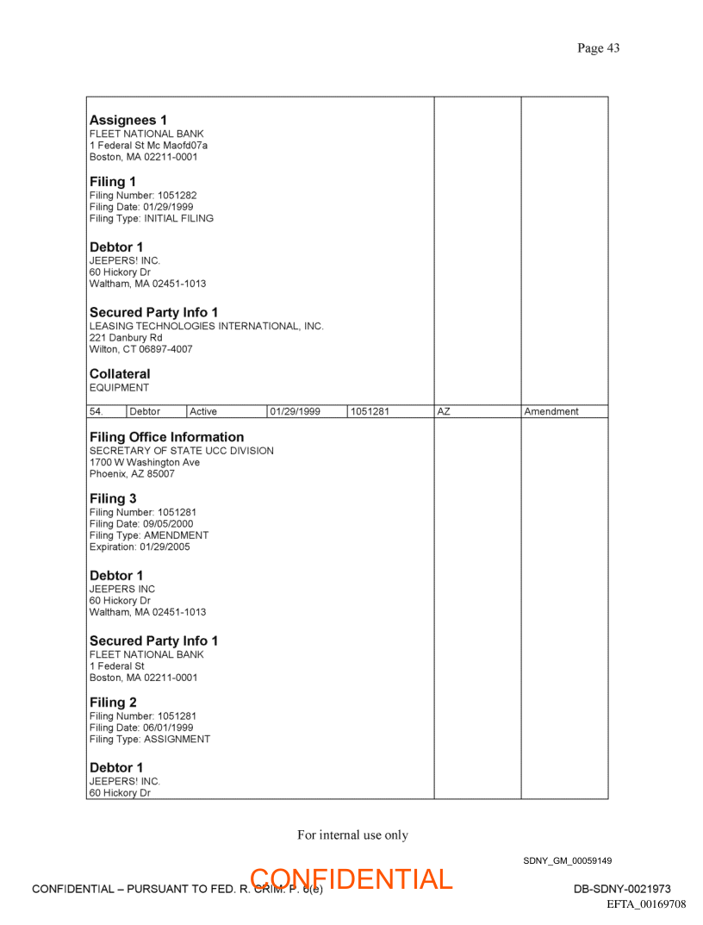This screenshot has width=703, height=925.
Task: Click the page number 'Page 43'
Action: coord(598,48)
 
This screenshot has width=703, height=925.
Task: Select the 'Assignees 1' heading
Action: coord(128,120)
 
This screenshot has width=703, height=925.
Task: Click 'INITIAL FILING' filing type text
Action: coord(178,218)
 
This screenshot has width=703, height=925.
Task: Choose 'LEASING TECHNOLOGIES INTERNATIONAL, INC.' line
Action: coord(207,327)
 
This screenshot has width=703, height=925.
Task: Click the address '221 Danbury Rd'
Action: coord(126,338)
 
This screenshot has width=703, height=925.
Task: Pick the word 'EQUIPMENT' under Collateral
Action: coord(119,388)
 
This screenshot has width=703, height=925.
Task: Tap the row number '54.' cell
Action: coord(96,412)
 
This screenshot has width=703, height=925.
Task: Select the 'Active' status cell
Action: coord(203,412)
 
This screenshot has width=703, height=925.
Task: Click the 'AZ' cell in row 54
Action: coord(444,412)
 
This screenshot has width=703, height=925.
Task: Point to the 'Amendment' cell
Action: coord(551,412)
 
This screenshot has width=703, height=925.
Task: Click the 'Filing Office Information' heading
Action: coord(166,437)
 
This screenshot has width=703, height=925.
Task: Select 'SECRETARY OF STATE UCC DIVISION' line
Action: coord(182,451)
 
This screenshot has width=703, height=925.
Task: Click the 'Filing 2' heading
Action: coord(113,703)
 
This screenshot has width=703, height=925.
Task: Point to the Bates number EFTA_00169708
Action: coord(646,904)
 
